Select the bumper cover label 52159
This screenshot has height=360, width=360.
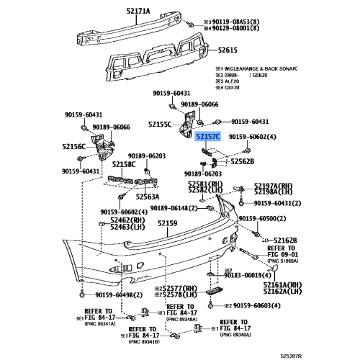(x=167, y=224)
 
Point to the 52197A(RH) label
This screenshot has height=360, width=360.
(x=271, y=186)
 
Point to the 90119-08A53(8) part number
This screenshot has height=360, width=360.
(x=242, y=22)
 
